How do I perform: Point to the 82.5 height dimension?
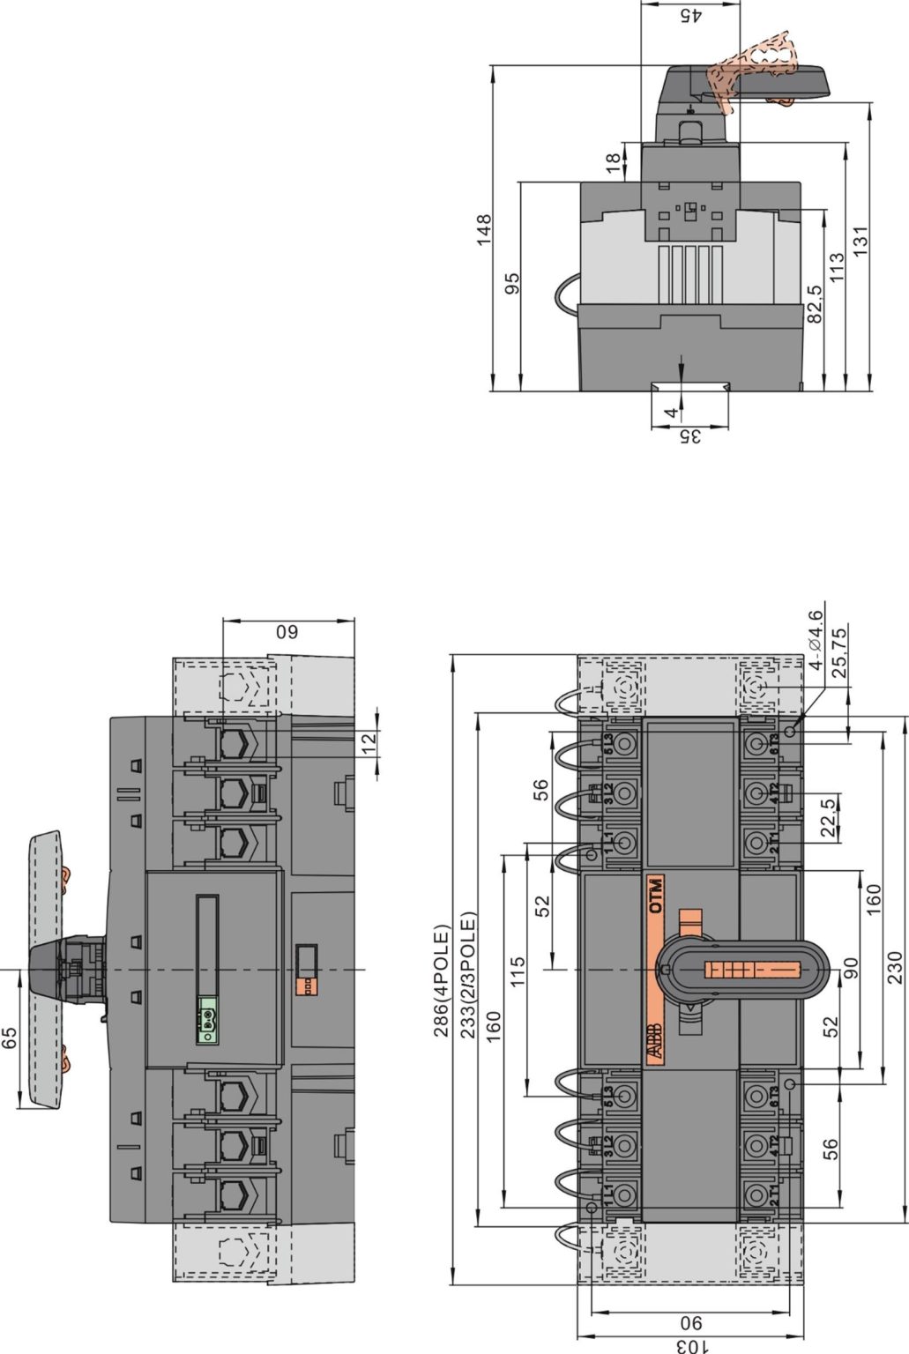(x=814, y=302)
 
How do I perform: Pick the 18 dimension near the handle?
(x=612, y=161)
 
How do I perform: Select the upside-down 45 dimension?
(x=689, y=15)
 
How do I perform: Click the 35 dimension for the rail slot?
(x=689, y=436)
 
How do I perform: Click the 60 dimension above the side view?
(x=288, y=631)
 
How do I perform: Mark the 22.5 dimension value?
(x=827, y=816)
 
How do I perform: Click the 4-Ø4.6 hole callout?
(x=816, y=640)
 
